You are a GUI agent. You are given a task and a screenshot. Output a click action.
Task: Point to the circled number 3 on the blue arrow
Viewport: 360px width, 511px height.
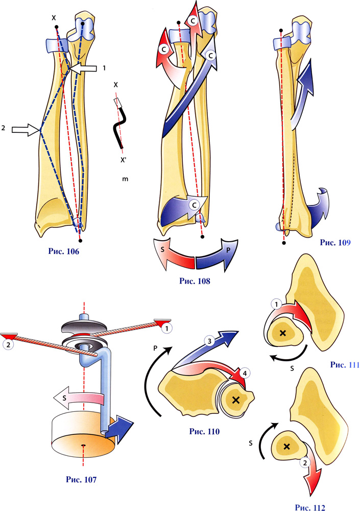(208, 339)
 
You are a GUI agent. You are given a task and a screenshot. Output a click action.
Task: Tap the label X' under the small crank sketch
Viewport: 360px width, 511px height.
(124, 159)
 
